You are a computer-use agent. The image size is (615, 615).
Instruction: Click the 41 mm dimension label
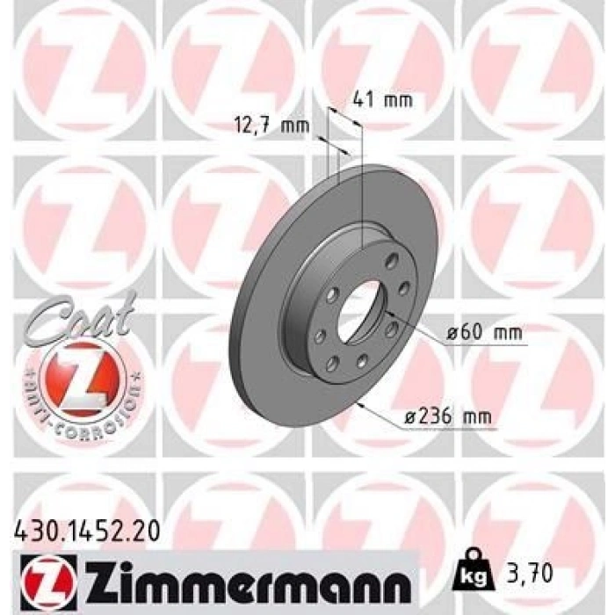(x=381, y=99)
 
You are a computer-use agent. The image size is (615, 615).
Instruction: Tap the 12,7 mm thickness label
(x=271, y=126)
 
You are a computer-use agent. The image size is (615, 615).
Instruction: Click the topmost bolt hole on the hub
(x=391, y=257)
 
